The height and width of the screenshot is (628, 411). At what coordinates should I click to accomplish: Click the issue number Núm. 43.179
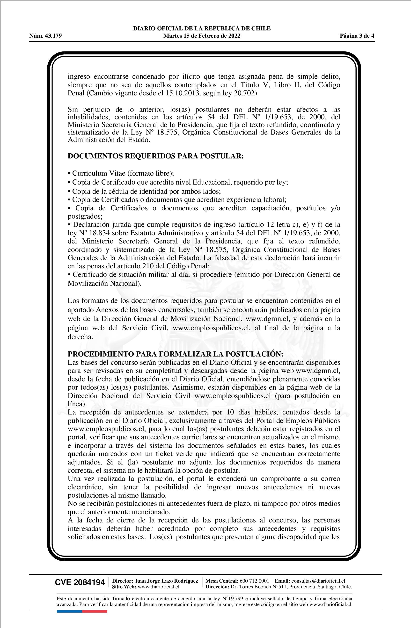[x=45, y=36]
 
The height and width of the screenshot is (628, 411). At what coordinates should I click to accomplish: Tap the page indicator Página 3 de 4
[x=357, y=36]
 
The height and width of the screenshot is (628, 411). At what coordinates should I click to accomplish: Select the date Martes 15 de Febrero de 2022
[x=202, y=36]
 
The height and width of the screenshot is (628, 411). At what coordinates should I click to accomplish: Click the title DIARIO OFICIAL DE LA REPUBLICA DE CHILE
[x=202, y=29]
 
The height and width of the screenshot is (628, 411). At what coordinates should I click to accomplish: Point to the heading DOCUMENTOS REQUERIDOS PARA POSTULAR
[x=155, y=156]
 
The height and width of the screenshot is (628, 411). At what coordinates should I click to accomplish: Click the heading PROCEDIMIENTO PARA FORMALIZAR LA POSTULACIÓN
[x=175, y=354]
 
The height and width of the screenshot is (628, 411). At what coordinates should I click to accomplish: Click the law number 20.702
[x=245, y=93]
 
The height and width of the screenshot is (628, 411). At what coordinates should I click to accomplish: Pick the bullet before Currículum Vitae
[x=69, y=174]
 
